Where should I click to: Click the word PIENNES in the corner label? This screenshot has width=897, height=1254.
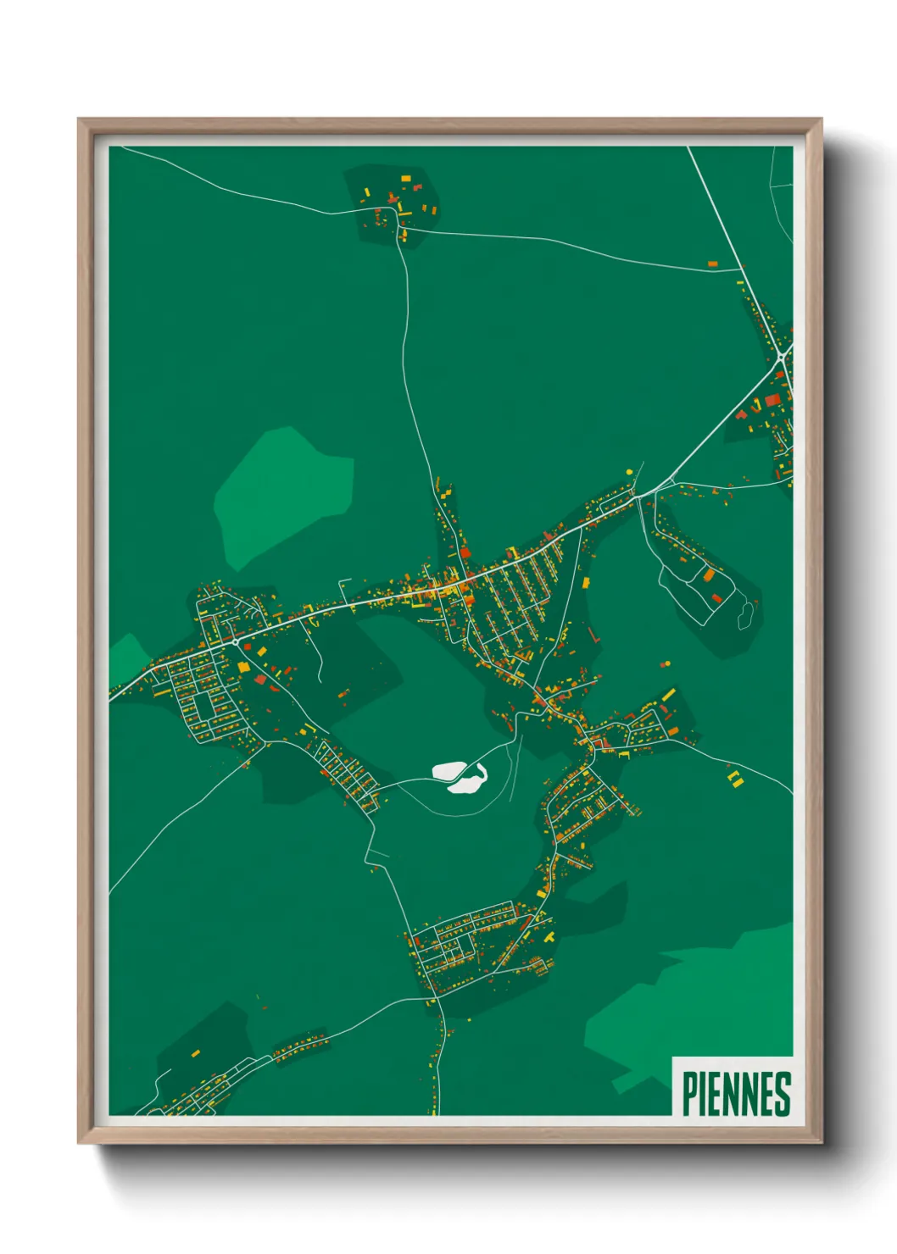coord(736,1094)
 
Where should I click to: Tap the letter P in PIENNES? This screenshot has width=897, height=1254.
coord(688,1094)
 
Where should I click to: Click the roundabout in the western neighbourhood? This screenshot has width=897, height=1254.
coord(234,642)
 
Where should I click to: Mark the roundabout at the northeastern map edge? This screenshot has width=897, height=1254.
coord(781,360)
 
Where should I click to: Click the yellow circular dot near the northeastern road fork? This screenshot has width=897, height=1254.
coord(629,471)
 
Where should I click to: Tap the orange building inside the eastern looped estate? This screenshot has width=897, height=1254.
coord(708,575)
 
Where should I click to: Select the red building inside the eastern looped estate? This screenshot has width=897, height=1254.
coord(717,598)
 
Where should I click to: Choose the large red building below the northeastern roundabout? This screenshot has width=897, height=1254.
coord(772,398)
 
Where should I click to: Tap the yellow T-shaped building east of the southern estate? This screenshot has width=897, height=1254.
coord(549,937)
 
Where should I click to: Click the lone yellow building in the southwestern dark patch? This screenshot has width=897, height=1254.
coord(195,1054)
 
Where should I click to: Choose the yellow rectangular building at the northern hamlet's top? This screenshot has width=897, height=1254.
coord(405,178)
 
